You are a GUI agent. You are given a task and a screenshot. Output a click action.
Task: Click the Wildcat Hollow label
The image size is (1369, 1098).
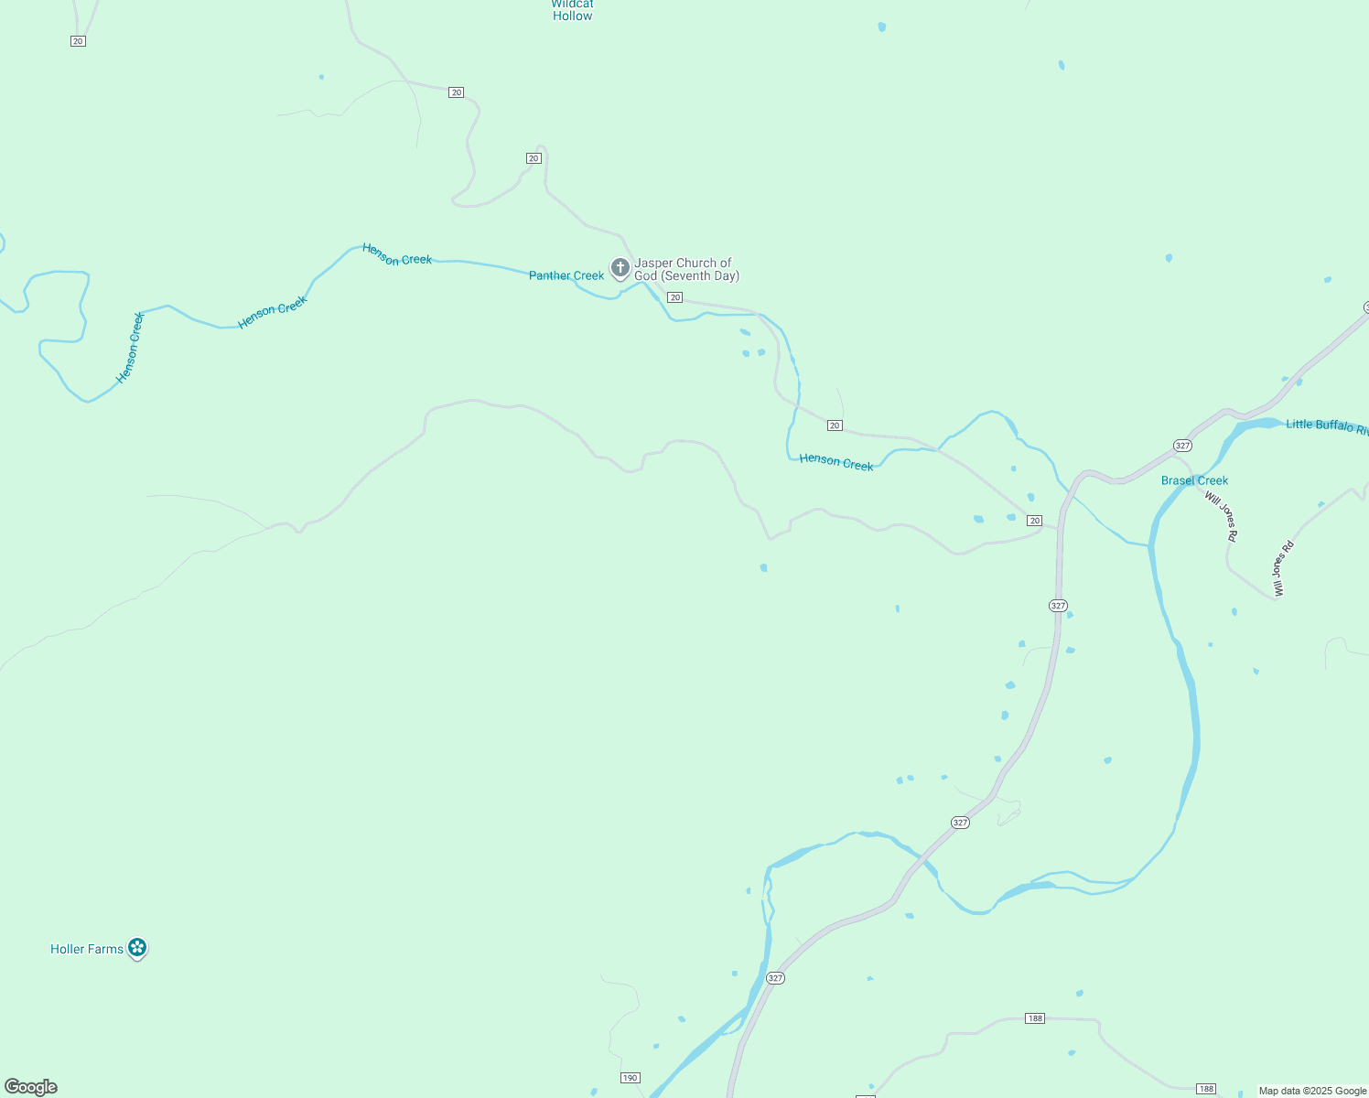coord(573,10)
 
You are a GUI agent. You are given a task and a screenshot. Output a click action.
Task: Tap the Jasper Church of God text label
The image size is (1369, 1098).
coord(686,269)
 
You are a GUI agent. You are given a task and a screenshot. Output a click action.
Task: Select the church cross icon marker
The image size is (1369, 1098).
coord(620,268)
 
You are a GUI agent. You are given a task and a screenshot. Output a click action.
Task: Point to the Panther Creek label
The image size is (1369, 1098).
coord(566,275)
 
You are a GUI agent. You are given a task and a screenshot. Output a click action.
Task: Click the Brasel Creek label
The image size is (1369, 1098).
coord(1194,480)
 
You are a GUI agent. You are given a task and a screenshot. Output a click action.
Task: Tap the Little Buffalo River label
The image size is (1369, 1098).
coord(1326,425)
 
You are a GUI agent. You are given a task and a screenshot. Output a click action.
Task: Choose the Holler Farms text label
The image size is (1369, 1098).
coord(87,949)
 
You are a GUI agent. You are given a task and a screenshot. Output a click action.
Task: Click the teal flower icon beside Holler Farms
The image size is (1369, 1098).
coord(137,948)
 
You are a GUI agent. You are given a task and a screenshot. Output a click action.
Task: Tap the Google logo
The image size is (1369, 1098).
coord(31,1087)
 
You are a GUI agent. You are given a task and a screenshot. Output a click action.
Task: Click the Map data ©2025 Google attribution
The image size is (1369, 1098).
coord(1312,1091)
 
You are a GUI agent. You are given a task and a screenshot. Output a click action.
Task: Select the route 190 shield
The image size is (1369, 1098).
coord(630,1078)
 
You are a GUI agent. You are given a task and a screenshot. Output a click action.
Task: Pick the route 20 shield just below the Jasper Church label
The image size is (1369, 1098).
coord(674,297)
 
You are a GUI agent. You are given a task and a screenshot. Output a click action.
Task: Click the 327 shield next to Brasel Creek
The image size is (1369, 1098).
coord(1182,446)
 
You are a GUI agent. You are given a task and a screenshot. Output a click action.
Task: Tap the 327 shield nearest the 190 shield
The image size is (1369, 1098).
coord(775,978)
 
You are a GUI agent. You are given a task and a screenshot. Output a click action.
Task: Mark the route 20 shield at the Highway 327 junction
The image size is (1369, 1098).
coord(1034,521)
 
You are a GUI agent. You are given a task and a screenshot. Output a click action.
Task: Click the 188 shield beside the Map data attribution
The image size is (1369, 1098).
coord(1206,1089)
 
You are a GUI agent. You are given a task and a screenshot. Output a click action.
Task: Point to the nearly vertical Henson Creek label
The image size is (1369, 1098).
coord(131,348)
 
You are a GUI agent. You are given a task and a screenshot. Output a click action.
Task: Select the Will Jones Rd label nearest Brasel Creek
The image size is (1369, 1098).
coord(1222,517)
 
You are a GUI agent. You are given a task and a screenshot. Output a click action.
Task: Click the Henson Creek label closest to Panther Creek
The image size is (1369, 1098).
coord(397,254)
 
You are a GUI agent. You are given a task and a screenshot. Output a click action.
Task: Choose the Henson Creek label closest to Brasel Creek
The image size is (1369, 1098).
coord(836,462)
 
